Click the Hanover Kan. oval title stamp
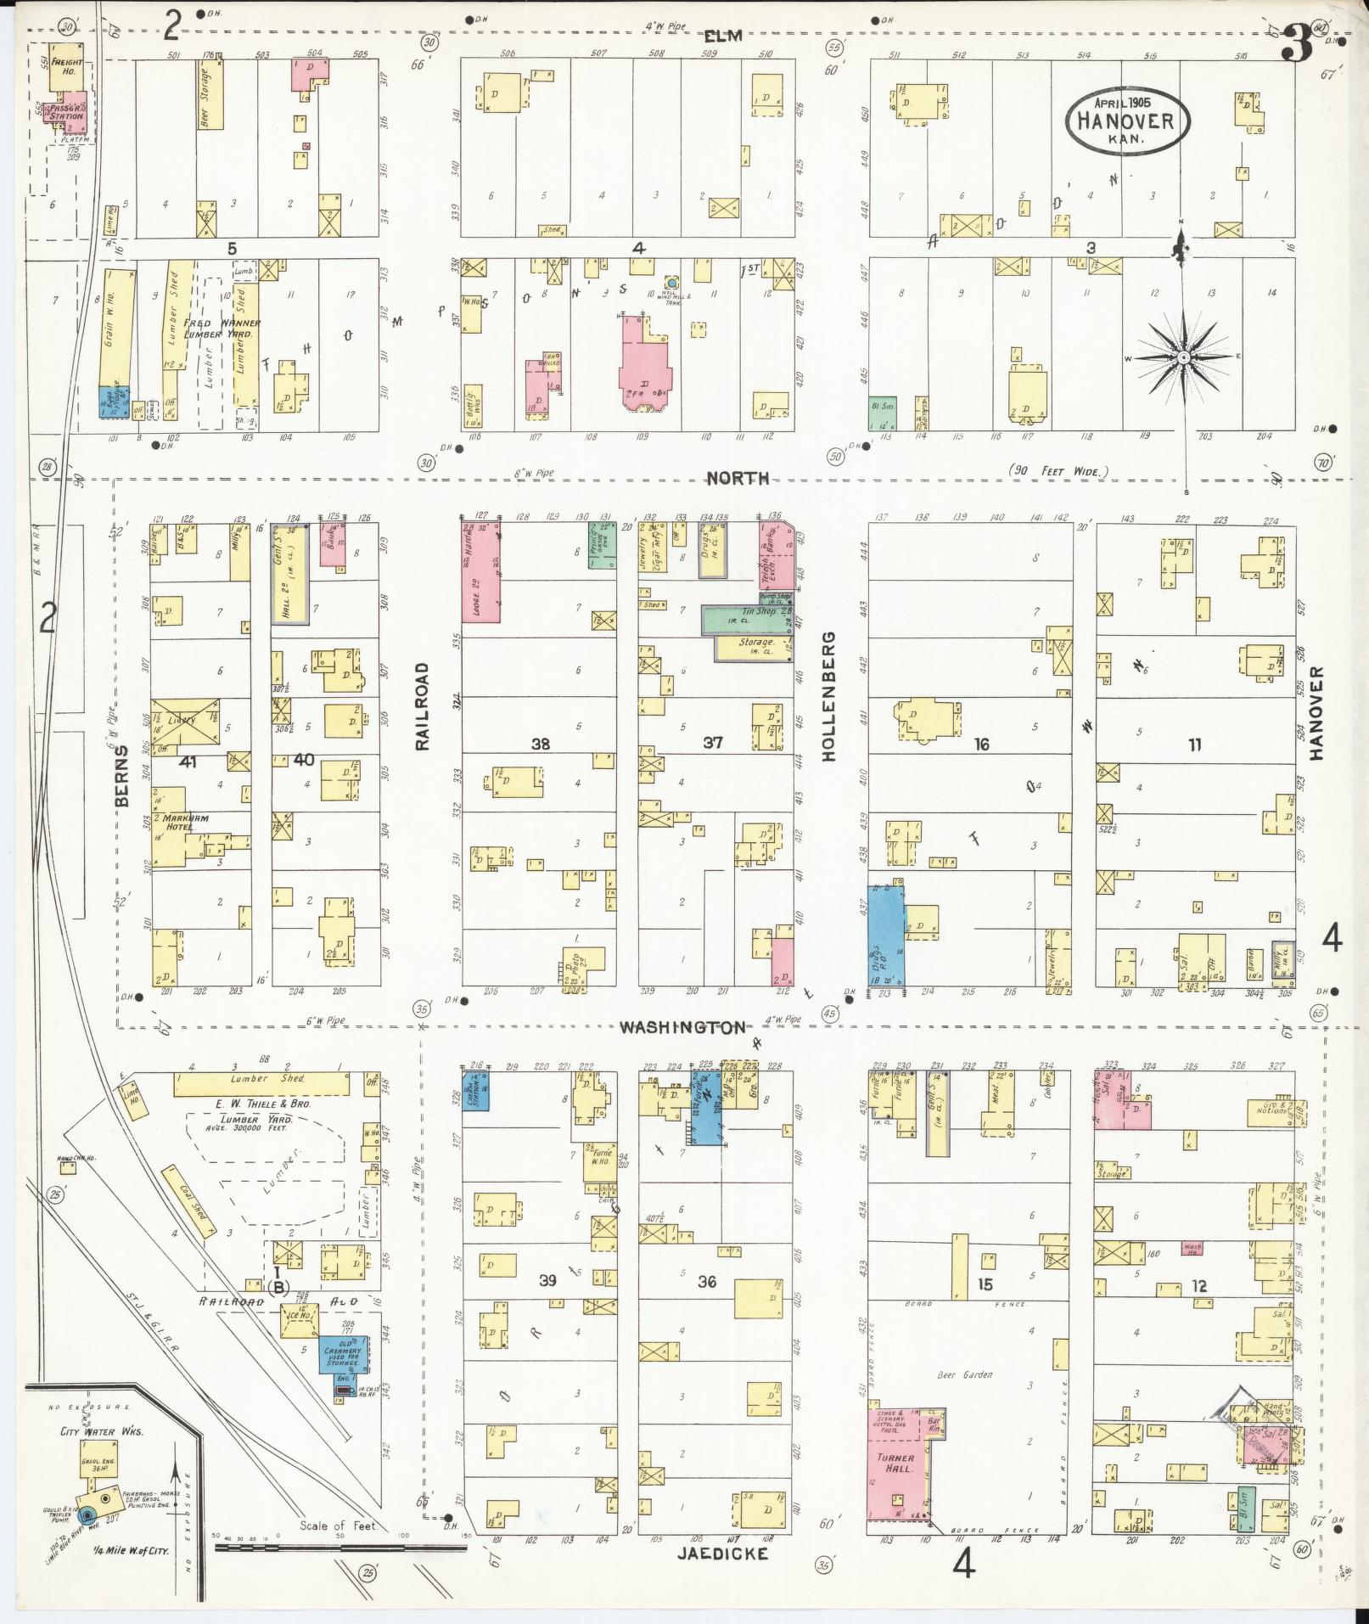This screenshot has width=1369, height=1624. [x=1128, y=121]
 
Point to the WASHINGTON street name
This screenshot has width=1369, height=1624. [x=683, y=1027]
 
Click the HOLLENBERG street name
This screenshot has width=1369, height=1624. [x=829, y=696]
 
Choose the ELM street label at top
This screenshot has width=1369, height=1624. [x=723, y=36]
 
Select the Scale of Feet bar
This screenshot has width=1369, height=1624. [x=339, y=1547]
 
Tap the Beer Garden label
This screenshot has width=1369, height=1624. [x=964, y=1374]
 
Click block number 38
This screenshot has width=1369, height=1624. [x=541, y=745]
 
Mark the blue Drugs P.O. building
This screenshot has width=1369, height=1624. [x=885, y=935]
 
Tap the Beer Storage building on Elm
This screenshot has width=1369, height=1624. [x=210, y=94]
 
